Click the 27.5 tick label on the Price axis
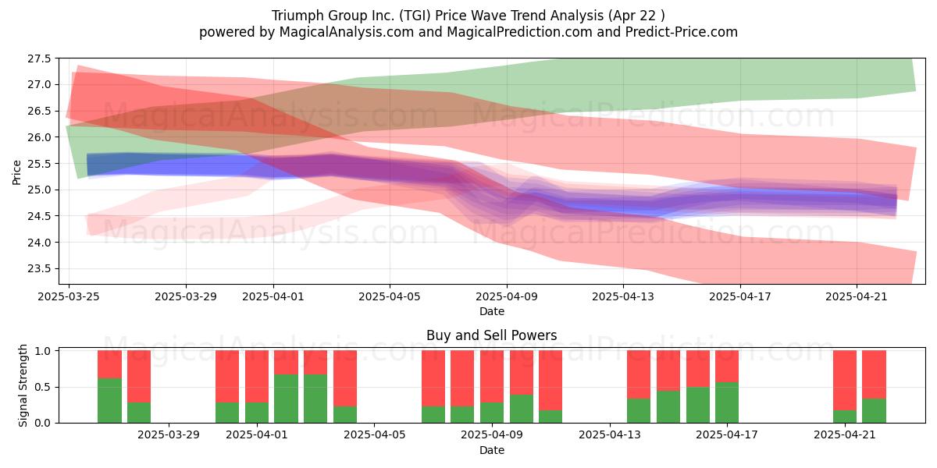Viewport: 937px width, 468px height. (x=39, y=59)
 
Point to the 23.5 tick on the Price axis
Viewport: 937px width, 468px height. (x=39, y=268)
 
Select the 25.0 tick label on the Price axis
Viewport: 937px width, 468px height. (x=39, y=190)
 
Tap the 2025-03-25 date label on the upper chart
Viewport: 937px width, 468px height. (x=69, y=296)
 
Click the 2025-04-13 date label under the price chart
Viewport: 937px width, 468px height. (x=623, y=296)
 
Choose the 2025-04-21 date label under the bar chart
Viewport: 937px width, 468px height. (x=845, y=435)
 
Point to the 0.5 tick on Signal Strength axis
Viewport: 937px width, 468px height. (x=43, y=388)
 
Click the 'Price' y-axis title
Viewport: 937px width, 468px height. (x=16, y=172)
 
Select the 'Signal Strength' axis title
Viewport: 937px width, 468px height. (x=23, y=385)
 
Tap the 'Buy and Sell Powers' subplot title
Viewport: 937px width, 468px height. (x=491, y=335)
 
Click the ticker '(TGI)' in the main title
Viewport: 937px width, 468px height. (x=415, y=16)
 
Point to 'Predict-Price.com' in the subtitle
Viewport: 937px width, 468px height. (x=682, y=32)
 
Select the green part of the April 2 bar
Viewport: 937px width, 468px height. (x=286, y=399)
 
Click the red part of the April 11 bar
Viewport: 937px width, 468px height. (x=550, y=381)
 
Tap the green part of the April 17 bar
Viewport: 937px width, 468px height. (x=727, y=402)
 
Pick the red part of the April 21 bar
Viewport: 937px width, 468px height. (x=845, y=381)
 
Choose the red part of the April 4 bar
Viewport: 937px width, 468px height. (x=345, y=378)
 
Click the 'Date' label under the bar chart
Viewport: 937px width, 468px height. (x=491, y=451)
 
